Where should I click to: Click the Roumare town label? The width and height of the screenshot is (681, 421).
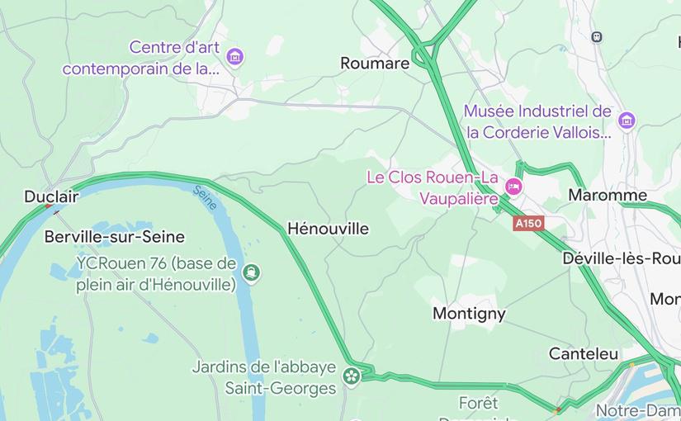click(x=375, y=64)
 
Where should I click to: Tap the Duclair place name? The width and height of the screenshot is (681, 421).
click(x=51, y=196)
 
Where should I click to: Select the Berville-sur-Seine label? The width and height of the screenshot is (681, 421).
click(x=114, y=237)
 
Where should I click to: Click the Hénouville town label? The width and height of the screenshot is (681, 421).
click(x=328, y=229)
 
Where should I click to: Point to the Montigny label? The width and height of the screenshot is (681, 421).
click(x=469, y=314)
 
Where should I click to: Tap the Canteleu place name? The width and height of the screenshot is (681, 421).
click(x=584, y=353)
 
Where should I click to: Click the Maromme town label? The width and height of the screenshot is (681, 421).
click(x=608, y=196)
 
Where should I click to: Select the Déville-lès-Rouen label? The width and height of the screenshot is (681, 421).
click(x=621, y=258)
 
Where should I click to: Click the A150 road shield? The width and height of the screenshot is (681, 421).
click(x=528, y=224)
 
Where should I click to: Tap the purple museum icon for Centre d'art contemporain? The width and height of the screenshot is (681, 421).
click(x=236, y=57)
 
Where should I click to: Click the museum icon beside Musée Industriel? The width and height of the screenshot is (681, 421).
click(x=627, y=121)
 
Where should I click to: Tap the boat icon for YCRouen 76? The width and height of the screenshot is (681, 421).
click(x=251, y=272)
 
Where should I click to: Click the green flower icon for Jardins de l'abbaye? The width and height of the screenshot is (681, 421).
click(x=352, y=377)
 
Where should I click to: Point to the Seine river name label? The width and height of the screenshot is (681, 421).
click(x=205, y=198)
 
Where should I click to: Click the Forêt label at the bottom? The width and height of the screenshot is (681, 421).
click(x=479, y=404)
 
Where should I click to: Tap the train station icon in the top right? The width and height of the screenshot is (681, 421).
click(x=597, y=36)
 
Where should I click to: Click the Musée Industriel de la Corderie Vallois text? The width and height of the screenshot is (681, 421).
click(x=538, y=121)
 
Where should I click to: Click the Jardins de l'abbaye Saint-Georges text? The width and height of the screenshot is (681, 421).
click(x=264, y=377)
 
